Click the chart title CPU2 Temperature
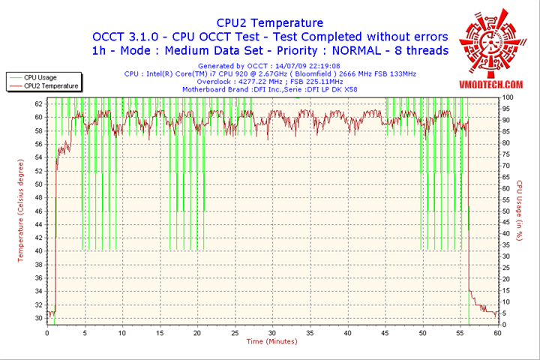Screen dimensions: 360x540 click(x=270, y=23)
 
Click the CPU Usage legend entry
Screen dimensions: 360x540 click(x=40, y=77)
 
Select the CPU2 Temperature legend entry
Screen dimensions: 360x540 click(x=50, y=85)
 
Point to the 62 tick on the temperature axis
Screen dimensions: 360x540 click(x=38, y=104)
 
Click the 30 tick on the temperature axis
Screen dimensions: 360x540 click(x=38, y=318)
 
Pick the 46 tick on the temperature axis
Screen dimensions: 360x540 click(x=38, y=211)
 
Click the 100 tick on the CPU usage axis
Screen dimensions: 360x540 click(x=508, y=97)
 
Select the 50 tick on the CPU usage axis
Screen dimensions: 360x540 click(x=506, y=211)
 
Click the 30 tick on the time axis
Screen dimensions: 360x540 click(x=271, y=333)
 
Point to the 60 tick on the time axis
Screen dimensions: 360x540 click(x=496, y=333)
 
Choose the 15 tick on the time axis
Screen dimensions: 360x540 click(x=159, y=333)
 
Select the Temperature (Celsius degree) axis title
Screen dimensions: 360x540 click(x=21, y=211)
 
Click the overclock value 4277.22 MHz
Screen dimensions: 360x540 click(x=256, y=82)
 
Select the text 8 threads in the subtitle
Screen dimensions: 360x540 click(x=420, y=50)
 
